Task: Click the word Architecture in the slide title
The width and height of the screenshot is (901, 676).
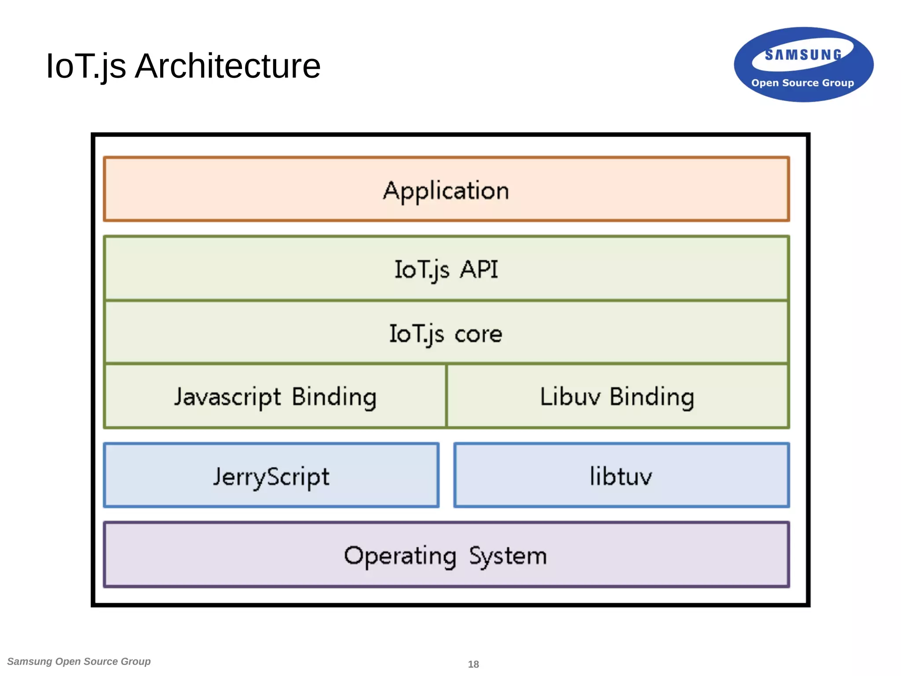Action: click(227, 66)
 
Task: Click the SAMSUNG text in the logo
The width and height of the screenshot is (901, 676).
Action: click(803, 55)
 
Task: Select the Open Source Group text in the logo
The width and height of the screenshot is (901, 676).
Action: click(802, 83)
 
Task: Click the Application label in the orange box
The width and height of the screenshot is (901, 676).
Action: click(446, 191)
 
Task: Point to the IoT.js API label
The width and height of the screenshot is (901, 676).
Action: click(446, 269)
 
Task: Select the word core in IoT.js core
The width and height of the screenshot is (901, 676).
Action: click(478, 334)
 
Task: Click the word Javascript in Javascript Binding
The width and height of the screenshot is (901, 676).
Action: click(227, 397)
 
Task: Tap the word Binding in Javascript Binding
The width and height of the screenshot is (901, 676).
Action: click(334, 397)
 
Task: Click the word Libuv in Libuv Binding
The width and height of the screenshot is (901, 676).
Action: click(570, 397)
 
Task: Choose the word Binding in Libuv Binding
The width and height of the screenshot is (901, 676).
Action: click(652, 397)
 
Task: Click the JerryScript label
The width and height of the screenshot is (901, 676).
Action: click(271, 477)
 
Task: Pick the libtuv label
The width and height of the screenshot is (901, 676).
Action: click(621, 476)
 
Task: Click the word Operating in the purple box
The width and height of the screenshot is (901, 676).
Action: click(400, 556)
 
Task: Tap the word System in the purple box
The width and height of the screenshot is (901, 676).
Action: click(508, 556)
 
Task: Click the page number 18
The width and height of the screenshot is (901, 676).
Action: click(473, 664)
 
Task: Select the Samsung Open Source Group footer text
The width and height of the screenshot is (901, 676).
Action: click(79, 661)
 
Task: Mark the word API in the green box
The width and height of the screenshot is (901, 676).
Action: click(479, 269)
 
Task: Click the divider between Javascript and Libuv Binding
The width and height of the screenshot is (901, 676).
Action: click(446, 396)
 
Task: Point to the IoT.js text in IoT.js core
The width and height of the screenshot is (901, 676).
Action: click(417, 334)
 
